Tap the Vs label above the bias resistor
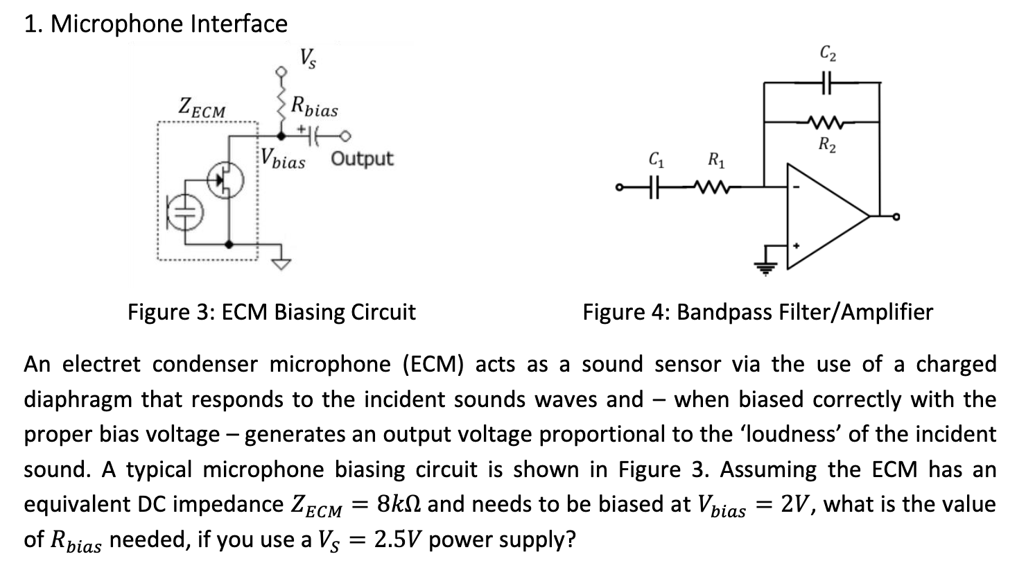(308, 58)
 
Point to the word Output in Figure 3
(362, 159)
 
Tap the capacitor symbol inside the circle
(183, 211)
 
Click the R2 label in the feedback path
(826, 145)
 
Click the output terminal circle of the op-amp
(895, 217)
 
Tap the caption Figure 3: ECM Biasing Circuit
(271, 312)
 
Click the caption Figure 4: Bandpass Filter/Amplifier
(758, 312)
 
